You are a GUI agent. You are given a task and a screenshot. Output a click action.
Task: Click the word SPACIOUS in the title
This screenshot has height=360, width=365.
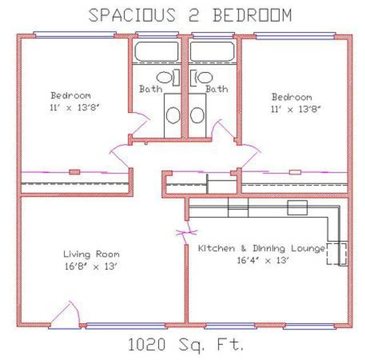point(132,15)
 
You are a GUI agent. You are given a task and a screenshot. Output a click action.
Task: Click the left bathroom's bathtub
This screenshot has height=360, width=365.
point(156,51)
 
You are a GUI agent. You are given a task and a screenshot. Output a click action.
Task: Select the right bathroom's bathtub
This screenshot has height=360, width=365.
point(212,51)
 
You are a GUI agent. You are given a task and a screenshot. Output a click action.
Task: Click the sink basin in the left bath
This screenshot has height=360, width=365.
point(173,115)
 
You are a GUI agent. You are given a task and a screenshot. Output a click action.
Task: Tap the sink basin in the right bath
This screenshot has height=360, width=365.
point(197,115)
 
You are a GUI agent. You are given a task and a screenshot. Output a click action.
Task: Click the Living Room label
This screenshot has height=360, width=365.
point(92,254)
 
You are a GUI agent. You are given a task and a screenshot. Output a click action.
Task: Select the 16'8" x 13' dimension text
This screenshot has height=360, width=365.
point(90,266)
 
